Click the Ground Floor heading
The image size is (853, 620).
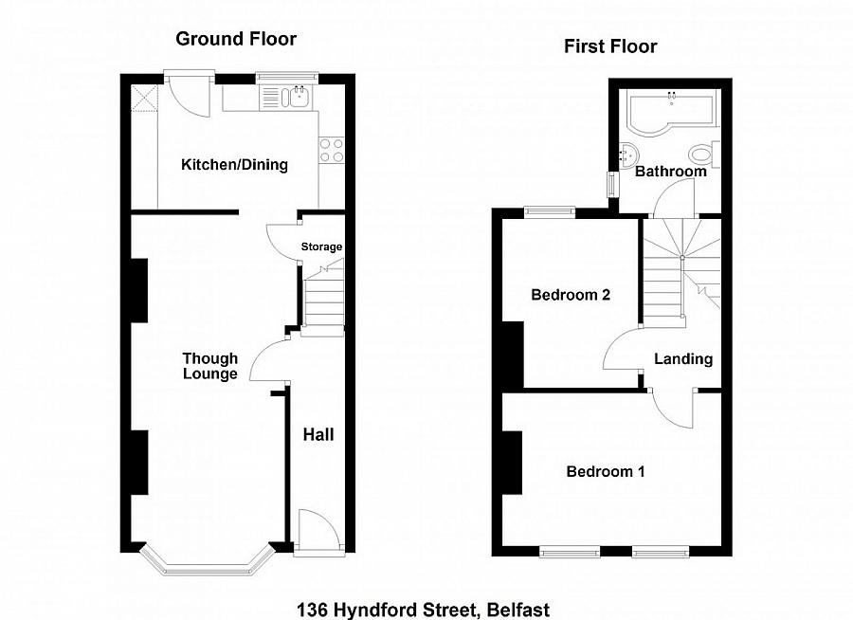[x=236, y=39]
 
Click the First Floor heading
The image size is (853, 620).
[x=610, y=46]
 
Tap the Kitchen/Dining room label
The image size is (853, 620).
[x=234, y=165]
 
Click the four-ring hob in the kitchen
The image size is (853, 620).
[x=331, y=150]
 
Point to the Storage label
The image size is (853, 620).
[x=321, y=247]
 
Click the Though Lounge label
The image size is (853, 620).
[x=210, y=366]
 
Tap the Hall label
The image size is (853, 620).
[x=318, y=435]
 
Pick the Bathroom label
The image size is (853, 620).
[x=670, y=172]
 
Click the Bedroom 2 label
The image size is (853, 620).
[x=570, y=295]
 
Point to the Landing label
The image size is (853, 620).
[x=683, y=359]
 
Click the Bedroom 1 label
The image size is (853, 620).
[x=606, y=471]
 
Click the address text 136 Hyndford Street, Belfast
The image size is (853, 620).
[x=423, y=610]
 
